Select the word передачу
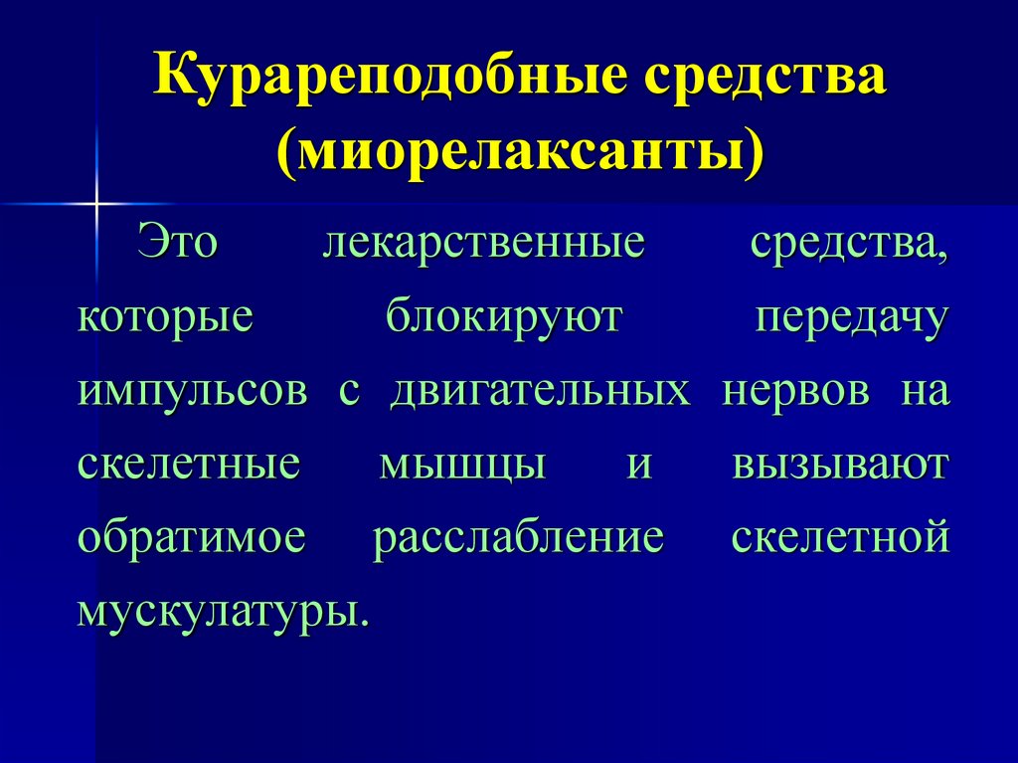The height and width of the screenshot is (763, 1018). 852,320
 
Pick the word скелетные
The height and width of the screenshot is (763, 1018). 189,465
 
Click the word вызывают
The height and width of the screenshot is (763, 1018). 841,465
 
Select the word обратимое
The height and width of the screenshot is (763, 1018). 191,538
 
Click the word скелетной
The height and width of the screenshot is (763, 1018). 840,538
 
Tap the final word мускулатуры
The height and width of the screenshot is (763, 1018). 223,610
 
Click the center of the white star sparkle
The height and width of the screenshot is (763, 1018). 97,204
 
